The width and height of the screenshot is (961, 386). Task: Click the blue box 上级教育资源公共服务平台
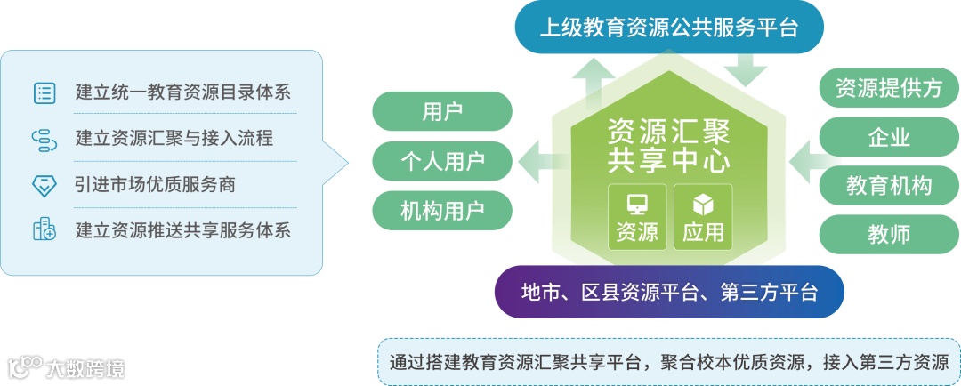click(669, 27)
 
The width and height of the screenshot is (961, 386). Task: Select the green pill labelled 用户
click(442, 111)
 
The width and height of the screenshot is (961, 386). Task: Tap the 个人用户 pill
click(442, 161)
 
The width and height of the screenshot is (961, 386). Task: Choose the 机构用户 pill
click(442, 211)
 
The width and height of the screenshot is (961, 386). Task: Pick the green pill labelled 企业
click(888, 137)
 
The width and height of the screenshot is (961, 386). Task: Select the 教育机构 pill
click(888, 186)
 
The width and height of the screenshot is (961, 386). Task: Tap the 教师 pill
click(888, 235)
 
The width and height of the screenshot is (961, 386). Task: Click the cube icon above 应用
click(703, 204)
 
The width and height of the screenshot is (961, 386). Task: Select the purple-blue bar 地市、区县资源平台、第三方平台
click(668, 292)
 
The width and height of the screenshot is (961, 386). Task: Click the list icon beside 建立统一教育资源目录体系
click(44, 92)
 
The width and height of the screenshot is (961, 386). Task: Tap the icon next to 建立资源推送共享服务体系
click(44, 230)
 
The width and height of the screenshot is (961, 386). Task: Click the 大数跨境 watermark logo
click(66, 366)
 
